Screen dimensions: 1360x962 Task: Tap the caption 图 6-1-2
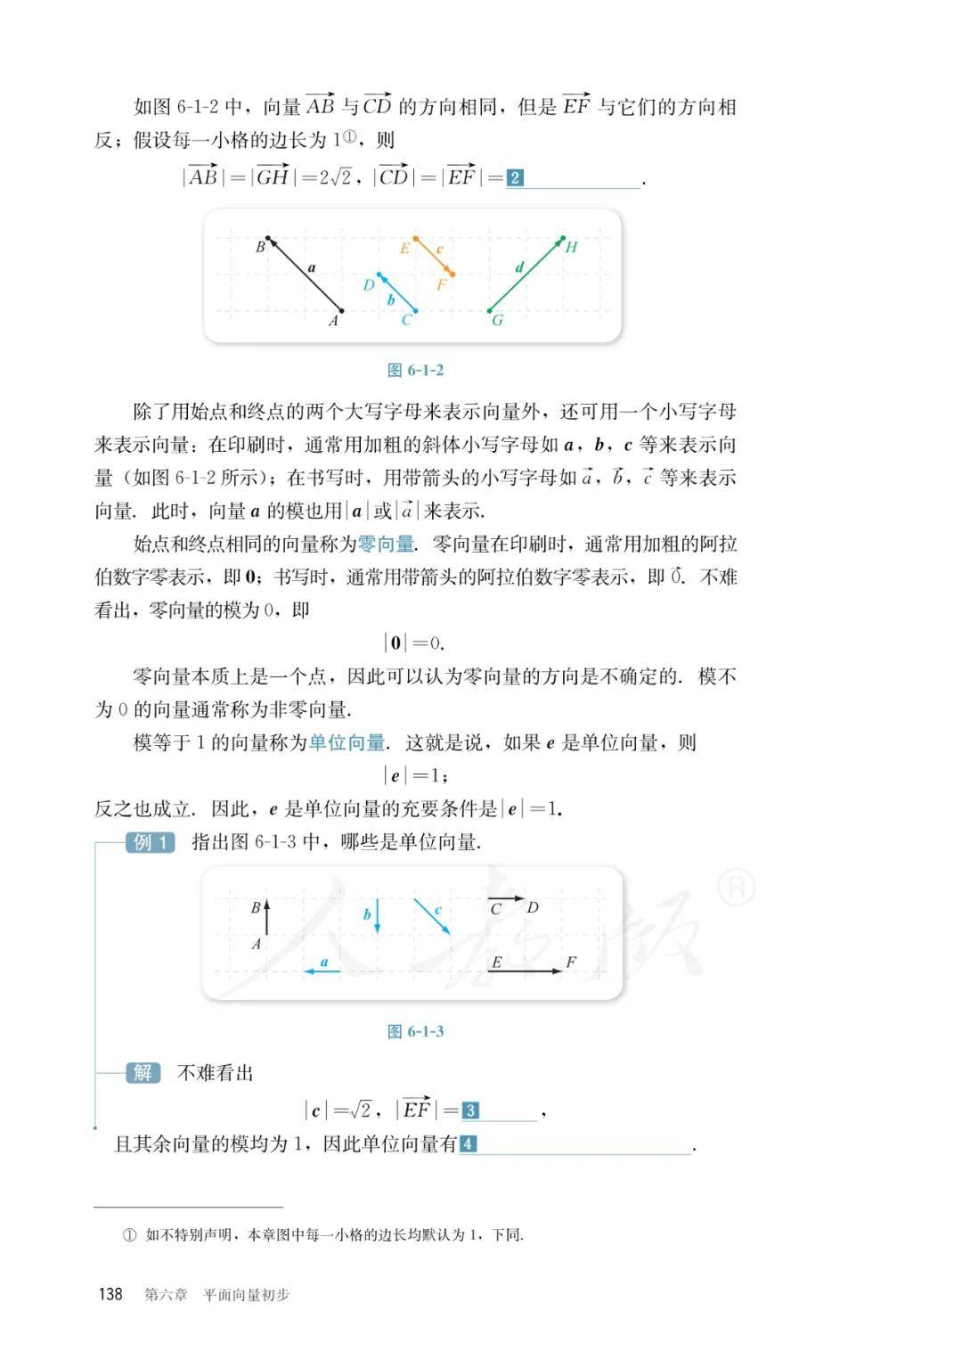(x=415, y=371)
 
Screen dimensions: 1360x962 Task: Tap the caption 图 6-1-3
(x=415, y=1031)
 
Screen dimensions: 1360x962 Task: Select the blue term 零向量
(x=386, y=544)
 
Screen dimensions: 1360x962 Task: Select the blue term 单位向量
(x=346, y=742)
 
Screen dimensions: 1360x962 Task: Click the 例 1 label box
(x=150, y=842)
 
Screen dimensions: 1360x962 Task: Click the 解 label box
(x=143, y=1072)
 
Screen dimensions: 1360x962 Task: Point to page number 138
(x=110, y=1294)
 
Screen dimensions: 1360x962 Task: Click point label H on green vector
(x=572, y=248)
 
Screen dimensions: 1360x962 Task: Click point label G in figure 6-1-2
(x=498, y=320)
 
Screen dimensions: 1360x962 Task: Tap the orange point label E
(x=404, y=249)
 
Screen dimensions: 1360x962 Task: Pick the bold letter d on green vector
(x=519, y=267)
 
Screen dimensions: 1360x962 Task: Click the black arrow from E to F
(x=526, y=971)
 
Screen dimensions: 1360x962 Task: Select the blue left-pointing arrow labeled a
(x=322, y=971)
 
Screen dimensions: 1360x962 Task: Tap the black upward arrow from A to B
(x=266, y=918)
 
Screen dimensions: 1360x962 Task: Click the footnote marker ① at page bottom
(x=130, y=1235)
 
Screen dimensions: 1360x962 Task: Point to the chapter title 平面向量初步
(x=247, y=1295)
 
